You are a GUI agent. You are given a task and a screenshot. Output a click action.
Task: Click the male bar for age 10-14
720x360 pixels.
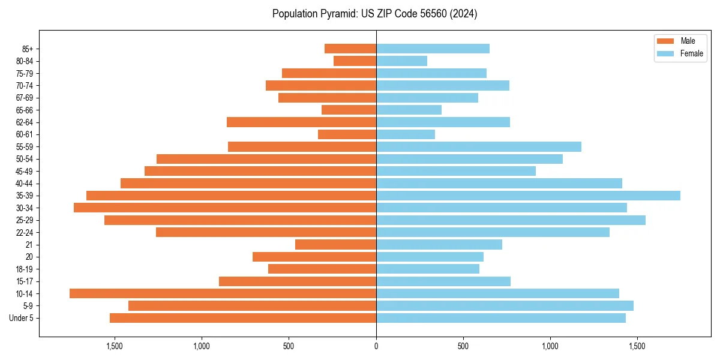pos(223,293)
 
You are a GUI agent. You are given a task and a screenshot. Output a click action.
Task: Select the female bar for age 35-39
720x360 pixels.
pos(528,196)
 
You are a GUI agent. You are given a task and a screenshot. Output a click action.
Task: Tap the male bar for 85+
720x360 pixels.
pos(350,49)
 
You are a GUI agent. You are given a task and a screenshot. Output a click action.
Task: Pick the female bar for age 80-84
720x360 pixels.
pos(401,61)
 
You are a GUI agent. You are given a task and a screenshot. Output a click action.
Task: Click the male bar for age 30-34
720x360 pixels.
pos(225,208)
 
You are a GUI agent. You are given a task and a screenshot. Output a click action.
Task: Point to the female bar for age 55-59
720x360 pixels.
pos(479,146)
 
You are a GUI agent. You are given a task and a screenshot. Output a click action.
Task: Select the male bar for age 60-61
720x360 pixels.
pos(347,134)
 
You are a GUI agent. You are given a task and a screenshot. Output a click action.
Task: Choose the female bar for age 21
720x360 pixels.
pos(439,244)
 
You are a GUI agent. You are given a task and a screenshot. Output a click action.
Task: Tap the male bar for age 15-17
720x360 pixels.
pos(298,281)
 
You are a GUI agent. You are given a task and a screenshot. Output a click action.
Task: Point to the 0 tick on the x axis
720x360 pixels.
pos(376,346)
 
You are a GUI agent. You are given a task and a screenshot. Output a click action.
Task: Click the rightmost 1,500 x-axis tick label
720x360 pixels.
pos(637,346)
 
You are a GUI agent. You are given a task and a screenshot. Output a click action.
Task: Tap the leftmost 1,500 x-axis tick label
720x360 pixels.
pos(115,346)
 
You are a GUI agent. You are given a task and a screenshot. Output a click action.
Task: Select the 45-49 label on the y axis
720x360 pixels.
pos(25,171)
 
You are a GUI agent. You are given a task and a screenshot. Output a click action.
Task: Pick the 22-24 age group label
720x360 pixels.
pos(25,232)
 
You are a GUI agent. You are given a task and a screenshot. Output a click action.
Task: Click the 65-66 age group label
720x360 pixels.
pos(25,110)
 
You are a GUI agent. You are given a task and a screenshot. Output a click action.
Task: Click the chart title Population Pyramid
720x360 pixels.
pos(374,14)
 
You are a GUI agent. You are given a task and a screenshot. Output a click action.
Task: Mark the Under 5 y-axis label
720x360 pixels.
pos(22,318)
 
